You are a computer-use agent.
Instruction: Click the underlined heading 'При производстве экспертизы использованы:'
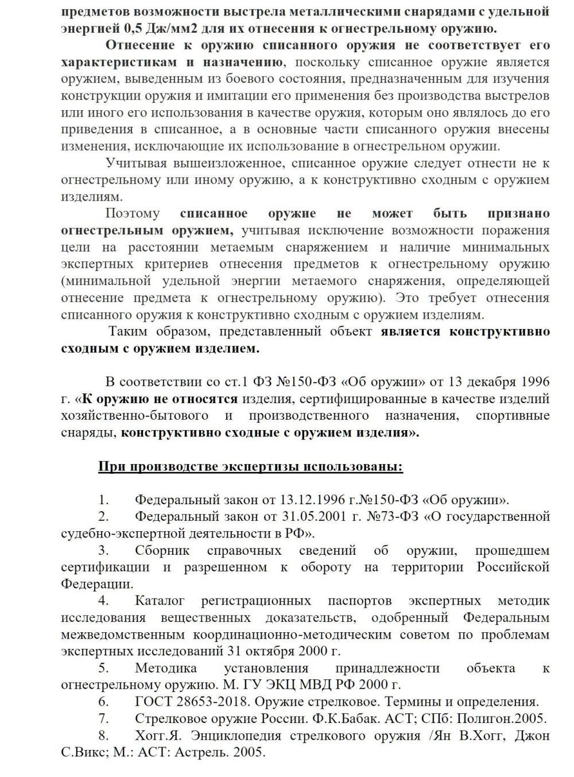[250, 466]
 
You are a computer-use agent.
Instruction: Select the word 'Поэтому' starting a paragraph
[133, 214]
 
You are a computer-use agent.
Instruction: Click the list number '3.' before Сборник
[103, 550]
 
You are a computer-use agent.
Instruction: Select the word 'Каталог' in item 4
[160, 601]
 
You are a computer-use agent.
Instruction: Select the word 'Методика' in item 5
[166, 668]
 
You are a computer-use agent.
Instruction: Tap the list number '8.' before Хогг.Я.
[103, 736]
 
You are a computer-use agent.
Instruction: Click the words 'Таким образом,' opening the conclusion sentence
[157, 331]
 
